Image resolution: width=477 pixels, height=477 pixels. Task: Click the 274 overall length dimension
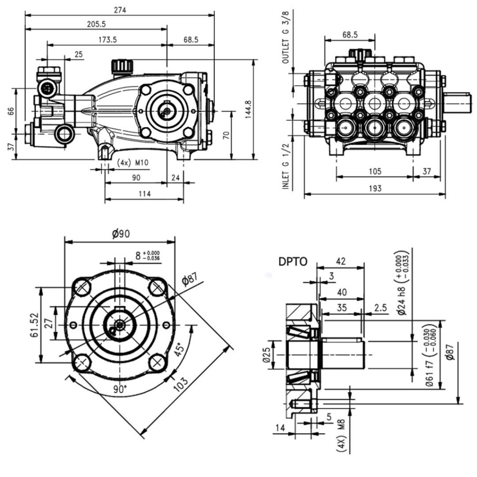tap(120, 10)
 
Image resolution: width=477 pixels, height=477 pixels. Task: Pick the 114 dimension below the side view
tap(144, 194)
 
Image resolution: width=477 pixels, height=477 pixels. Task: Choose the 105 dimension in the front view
tap(374, 171)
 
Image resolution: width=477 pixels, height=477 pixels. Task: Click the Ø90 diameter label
tap(121, 235)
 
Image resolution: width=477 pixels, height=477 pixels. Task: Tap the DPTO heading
tap(293, 262)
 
